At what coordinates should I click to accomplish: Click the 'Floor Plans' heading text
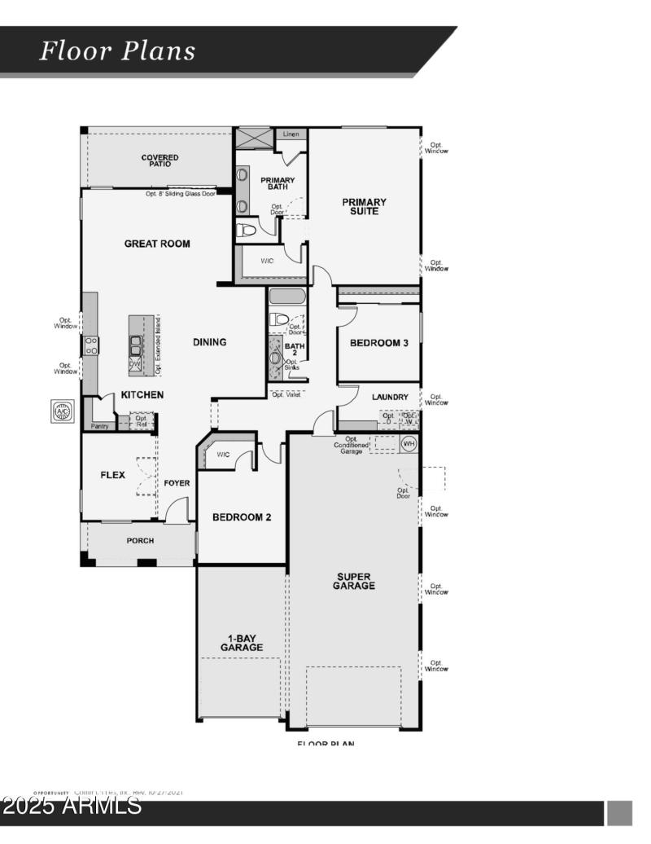tap(118, 51)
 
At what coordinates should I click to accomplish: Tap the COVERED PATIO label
tap(159, 160)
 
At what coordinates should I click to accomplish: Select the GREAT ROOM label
tap(157, 244)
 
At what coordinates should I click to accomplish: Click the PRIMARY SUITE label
tap(364, 206)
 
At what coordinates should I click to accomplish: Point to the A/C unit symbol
tap(63, 411)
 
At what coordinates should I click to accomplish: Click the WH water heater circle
tap(409, 443)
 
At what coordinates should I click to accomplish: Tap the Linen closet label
tap(291, 134)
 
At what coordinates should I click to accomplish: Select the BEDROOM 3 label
tap(378, 343)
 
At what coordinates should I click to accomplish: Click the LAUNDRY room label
tap(390, 397)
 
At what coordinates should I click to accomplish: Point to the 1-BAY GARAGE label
tap(242, 643)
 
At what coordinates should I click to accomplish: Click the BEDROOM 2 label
tap(242, 517)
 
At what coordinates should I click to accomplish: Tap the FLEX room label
tap(112, 475)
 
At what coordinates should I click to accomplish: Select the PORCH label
tap(139, 540)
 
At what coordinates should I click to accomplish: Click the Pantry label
tap(100, 426)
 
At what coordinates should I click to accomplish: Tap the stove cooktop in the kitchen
tap(91, 345)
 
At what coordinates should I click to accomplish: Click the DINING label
tap(209, 342)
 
